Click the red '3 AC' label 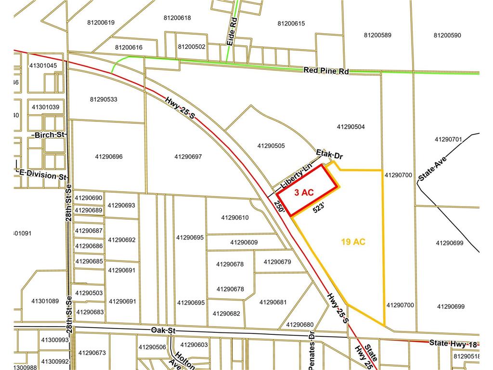click(x=304, y=192)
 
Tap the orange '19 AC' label click(x=353, y=242)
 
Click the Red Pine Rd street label click(x=326, y=71)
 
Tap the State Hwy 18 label click(x=453, y=343)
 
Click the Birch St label click(x=50, y=134)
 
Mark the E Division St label click(x=42, y=174)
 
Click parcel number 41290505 click(x=271, y=145)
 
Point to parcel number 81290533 click(x=104, y=100)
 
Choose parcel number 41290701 click(x=448, y=139)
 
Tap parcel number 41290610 click(x=235, y=217)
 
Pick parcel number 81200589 click(x=378, y=35)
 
